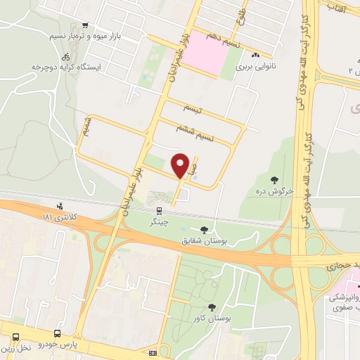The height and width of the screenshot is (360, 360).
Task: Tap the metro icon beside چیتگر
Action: [x=160, y=210]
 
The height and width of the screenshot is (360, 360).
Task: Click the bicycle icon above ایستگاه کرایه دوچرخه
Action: [x=65, y=56]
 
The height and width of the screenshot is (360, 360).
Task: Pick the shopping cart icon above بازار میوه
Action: [x=86, y=25]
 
